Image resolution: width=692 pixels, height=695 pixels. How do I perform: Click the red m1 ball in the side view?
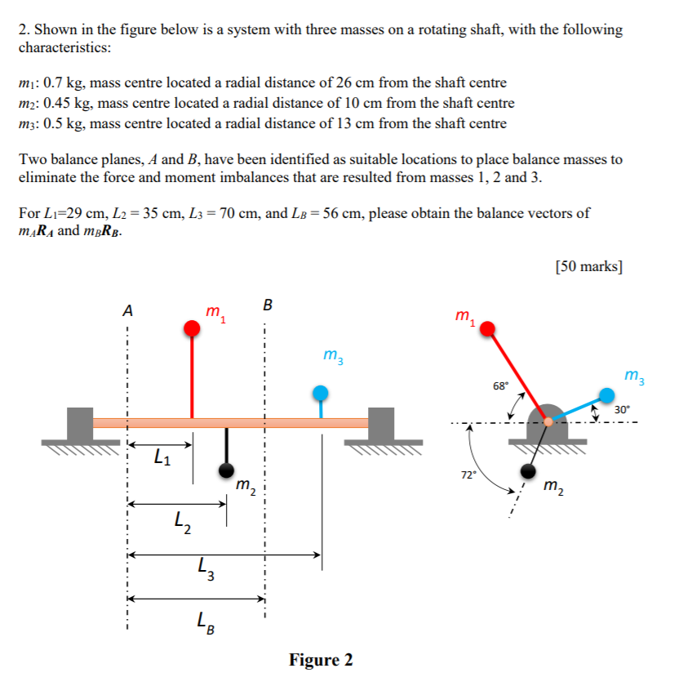pyautogui.click(x=192, y=329)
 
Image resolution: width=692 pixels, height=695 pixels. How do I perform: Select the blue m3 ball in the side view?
pyautogui.click(x=322, y=394)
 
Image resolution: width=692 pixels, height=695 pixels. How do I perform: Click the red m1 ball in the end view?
pyautogui.click(x=487, y=329)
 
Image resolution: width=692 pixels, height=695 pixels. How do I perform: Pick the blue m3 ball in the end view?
pyautogui.click(x=606, y=394)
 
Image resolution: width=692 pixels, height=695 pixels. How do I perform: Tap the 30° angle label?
pyautogui.click(x=623, y=410)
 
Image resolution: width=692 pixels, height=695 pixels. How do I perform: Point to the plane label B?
pyautogui.click(x=268, y=306)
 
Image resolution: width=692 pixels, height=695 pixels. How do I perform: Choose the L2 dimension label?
pyautogui.click(x=184, y=521)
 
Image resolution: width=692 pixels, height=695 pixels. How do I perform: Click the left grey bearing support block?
pyautogui.click(x=79, y=423)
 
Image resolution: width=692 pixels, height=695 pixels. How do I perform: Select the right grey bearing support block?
pyautogui.click(x=381, y=423)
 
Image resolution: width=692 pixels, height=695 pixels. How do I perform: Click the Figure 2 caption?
pyautogui.click(x=321, y=660)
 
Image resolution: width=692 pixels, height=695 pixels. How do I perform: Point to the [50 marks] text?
pyautogui.click(x=588, y=267)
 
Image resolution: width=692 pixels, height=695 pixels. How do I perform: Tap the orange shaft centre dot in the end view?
pyautogui.click(x=548, y=421)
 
